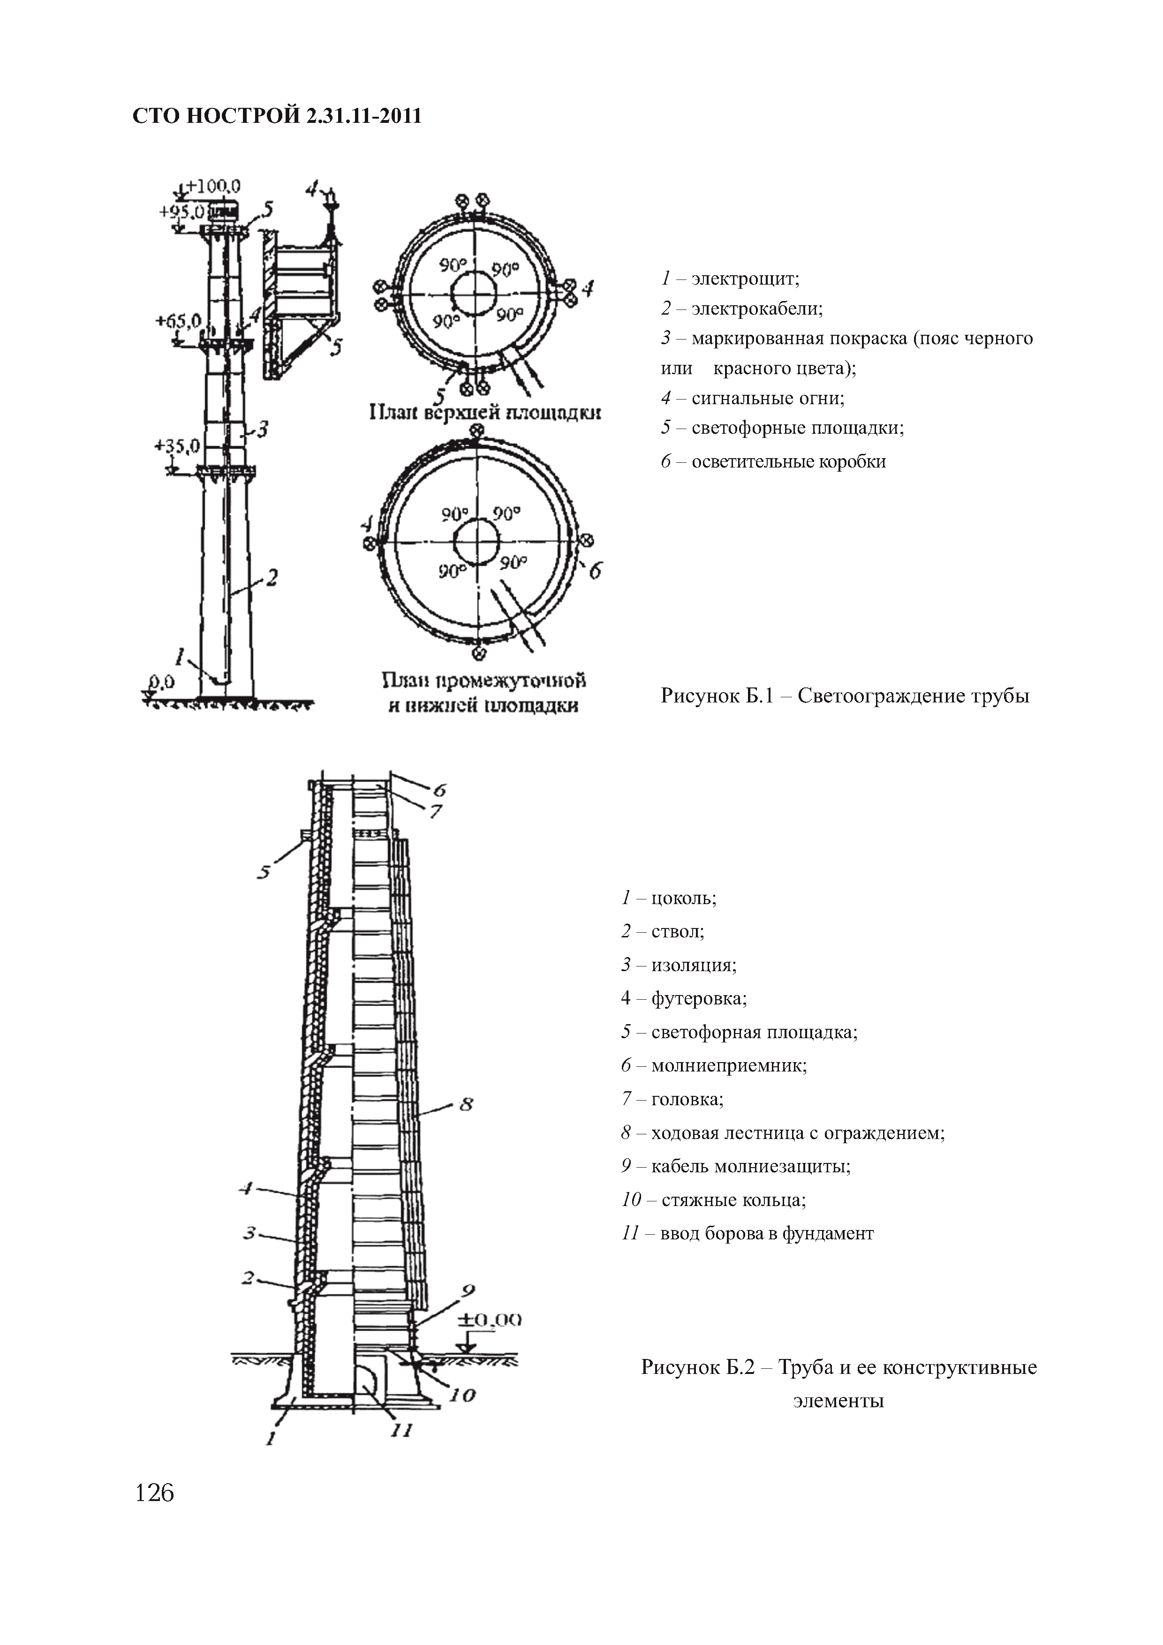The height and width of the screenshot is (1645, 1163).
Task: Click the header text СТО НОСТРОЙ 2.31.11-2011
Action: [x=277, y=116]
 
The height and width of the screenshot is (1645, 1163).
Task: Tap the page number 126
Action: [x=155, y=1493]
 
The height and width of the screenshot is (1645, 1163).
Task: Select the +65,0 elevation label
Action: [x=178, y=320]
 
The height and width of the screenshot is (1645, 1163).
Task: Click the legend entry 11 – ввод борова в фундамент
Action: [x=748, y=1233]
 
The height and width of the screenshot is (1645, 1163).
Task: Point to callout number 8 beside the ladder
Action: [x=466, y=1104]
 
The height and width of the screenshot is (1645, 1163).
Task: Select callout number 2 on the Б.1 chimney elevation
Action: [x=272, y=577]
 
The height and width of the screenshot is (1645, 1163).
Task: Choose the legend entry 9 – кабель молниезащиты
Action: [x=736, y=1166]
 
